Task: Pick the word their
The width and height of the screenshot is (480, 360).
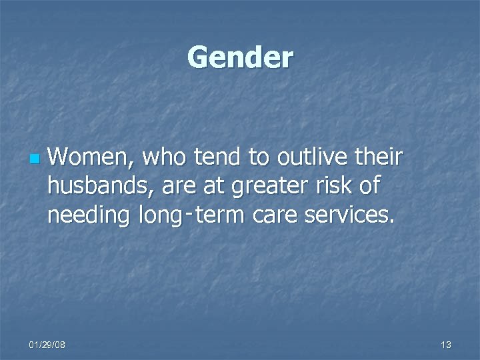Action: (x=379, y=159)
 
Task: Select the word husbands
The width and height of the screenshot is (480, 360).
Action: (x=99, y=187)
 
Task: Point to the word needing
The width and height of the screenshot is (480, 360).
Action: (x=89, y=217)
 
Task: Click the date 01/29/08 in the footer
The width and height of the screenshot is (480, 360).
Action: (x=47, y=344)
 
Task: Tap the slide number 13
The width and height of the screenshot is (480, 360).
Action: (x=445, y=344)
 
